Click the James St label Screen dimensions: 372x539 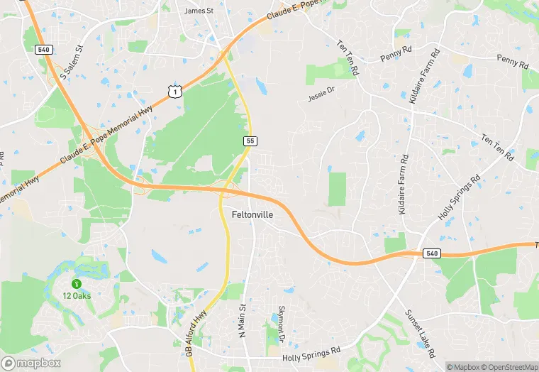[199, 11]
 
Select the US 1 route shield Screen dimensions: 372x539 [174, 91]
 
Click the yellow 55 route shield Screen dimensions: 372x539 [250, 141]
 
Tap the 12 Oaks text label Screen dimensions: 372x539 [77, 295]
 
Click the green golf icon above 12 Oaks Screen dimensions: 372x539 [77, 283]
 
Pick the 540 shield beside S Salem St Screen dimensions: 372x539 [43, 49]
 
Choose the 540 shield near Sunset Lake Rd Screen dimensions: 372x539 [431, 253]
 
